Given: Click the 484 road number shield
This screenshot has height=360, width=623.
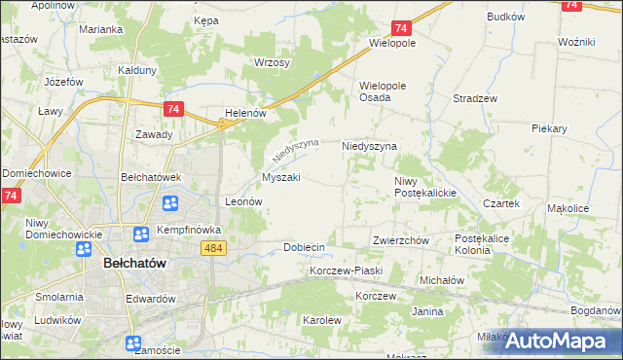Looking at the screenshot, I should click(x=215, y=249).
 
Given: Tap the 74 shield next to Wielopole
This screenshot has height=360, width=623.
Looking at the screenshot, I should click(x=401, y=29).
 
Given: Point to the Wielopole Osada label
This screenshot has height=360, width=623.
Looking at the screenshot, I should click(x=388, y=91).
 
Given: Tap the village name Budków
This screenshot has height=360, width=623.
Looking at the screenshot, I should click(x=506, y=17).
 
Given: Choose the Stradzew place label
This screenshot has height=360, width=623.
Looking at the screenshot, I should click(x=476, y=98).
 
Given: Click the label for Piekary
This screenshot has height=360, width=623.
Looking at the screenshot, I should click(x=550, y=127).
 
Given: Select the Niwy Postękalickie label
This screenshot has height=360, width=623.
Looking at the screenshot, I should click(x=425, y=187).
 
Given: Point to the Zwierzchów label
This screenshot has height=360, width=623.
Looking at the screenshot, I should click(x=401, y=240).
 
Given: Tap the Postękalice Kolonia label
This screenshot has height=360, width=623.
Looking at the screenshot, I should click(x=487, y=244).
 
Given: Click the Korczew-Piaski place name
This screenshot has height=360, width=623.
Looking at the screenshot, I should click(x=347, y=270).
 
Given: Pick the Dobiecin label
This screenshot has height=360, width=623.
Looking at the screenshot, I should click(x=303, y=247).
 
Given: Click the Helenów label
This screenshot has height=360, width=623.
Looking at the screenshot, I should click(x=245, y=113).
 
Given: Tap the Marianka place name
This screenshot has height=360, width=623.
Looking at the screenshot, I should click(x=101, y=29).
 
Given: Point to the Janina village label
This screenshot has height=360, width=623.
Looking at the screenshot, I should click(x=427, y=311).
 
